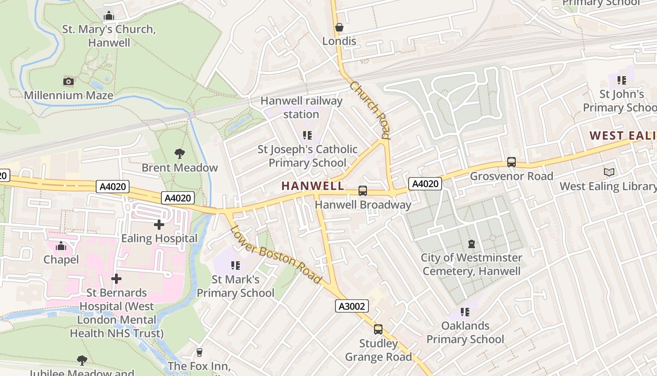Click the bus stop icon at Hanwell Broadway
(x=362, y=190)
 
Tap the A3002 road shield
(x=352, y=306)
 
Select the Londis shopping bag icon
(x=339, y=27)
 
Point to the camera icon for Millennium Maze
(x=69, y=81)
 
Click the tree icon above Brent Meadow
(x=179, y=153)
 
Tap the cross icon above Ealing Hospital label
(x=159, y=225)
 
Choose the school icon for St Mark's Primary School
(x=236, y=266)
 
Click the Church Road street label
(x=370, y=110)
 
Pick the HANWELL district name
(x=313, y=186)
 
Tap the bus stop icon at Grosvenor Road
(x=512, y=162)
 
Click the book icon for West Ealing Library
(x=609, y=172)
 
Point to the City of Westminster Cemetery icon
(x=472, y=244)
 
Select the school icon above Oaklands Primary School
(x=465, y=312)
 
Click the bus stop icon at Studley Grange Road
(x=378, y=329)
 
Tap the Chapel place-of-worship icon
(x=61, y=246)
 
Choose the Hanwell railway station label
(x=301, y=107)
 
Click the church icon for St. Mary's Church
(x=109, y=16)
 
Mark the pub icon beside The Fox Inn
(x=199, y=352)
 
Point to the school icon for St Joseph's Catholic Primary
(x=307, y=135)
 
